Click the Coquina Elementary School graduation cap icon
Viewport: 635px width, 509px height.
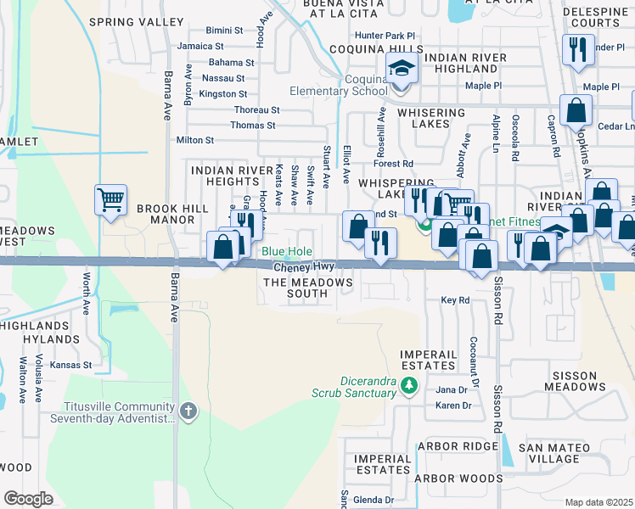point(402,67)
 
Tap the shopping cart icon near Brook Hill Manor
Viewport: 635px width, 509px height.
point(110,200)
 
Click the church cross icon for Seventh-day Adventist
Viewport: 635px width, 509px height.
point(188,411)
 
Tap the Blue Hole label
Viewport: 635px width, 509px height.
point(286,252)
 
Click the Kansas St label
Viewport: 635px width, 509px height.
point(70,365)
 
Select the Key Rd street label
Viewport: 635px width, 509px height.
point(455,300)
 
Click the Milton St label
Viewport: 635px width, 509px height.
point(195,140)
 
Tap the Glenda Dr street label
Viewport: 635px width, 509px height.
point(374,500)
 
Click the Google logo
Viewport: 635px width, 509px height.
point(28,499)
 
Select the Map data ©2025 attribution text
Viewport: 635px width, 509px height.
point(598,502)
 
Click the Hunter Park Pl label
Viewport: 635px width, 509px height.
point(385,36)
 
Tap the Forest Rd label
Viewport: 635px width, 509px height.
point(395,164)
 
